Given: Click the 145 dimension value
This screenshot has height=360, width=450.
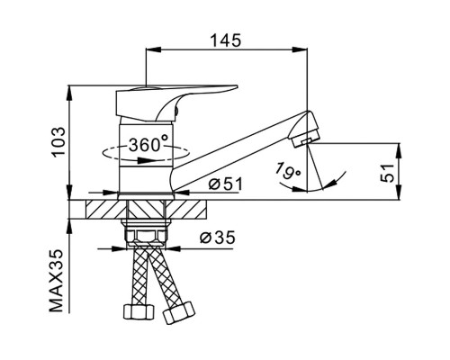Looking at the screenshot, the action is tap(225, 40).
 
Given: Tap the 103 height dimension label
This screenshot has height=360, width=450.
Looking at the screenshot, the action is tap(58, 141).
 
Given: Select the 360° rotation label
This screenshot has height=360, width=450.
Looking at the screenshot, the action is tap(148, 144).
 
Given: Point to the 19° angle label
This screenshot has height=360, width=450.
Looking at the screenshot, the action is tap(287, 172).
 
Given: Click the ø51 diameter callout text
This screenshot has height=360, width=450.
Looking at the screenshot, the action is tap(225, 184).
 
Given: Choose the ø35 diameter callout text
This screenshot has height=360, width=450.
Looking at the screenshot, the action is tap(218, 238).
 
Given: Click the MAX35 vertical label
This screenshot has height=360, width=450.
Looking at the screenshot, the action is tap(57, 281).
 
